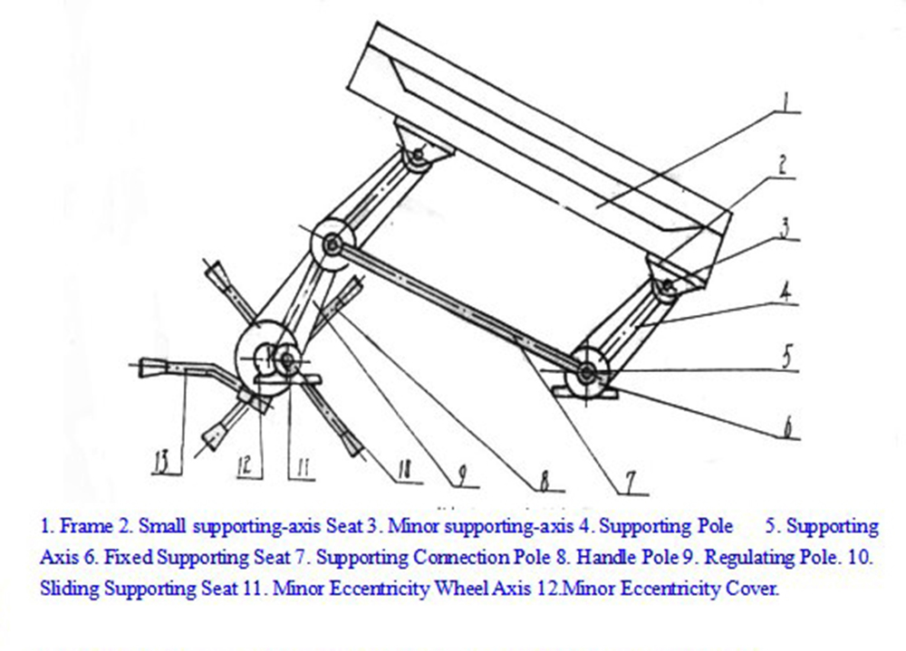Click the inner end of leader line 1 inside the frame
pyautogui.click(x=597, y=206)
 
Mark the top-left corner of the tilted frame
pyautogui.click(x=377, y=23)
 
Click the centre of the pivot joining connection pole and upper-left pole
pyautogui.click(x=332, y=245)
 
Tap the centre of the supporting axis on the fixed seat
pyautogui.click(x=587, y=372)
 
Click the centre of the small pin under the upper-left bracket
pyautogui.click(x=417, y=155)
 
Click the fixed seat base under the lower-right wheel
pyautogui.click(x=584, y=392)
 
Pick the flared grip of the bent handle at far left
pyautogui.click(x=152, y=368)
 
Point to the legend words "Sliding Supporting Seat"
pyautogui.click(x=139, y=589)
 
